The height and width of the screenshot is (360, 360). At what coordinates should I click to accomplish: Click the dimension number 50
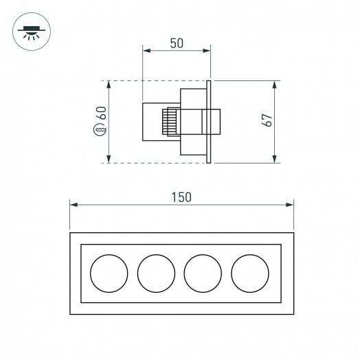(x=177, y=43)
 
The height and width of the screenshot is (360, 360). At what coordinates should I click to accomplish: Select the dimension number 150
(x=180, y=197)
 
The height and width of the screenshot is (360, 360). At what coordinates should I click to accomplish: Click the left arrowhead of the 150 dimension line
(x=74, y=204)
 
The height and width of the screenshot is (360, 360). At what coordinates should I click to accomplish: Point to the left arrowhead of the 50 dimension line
(x=146, y=50)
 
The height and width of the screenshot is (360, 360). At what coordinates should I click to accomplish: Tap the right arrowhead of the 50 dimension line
(x=207, y=50)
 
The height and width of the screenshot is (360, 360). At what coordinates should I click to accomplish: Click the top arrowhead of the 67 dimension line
(x=275, y=84)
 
